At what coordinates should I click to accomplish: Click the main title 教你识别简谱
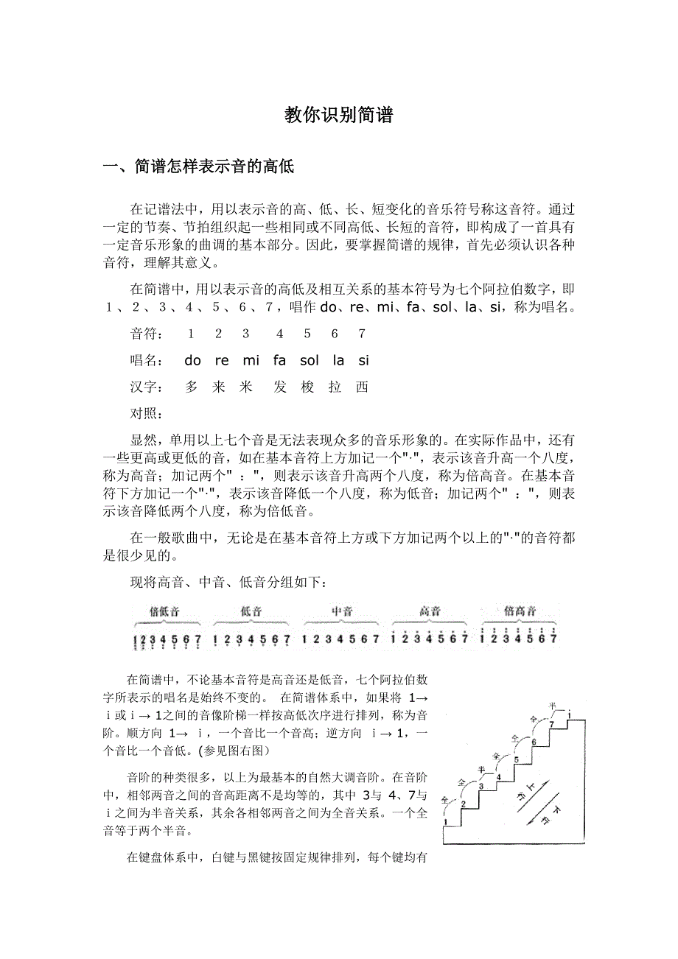click(338, 116)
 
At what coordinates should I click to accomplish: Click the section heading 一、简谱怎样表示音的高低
click(198, 167)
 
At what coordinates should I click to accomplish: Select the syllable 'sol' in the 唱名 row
click(310, 360)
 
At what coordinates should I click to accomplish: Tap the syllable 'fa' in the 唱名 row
click(279, 360)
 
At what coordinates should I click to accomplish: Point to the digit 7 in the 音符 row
click(361, 334)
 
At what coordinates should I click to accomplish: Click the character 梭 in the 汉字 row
click(307, 387)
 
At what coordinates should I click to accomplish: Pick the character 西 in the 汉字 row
click(361, 387)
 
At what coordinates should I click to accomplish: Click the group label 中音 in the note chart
click(342, 611)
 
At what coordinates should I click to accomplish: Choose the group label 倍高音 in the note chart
click(520, 611)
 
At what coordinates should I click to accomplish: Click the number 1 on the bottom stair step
click(447, 821)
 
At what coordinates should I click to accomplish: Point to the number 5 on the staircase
click(517, 759)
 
